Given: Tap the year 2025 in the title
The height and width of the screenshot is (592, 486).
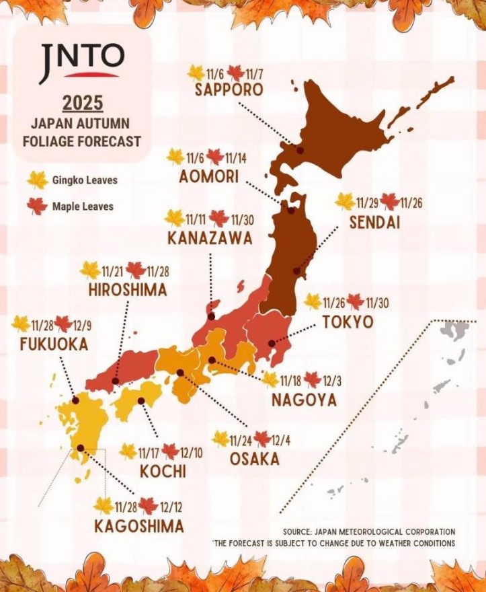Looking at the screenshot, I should pos(83,104).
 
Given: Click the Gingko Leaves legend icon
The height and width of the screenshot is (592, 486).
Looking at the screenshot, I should pos(38,180).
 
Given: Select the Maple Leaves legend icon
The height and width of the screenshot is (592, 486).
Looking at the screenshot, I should pos(38,206).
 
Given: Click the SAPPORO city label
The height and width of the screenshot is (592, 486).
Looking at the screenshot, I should pos(229,90).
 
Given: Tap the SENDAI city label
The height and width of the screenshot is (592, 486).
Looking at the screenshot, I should pos(374,222).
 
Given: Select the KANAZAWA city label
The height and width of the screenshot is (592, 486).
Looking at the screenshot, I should pos(210,238).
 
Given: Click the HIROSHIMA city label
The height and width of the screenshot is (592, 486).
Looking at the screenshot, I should pos(128,290).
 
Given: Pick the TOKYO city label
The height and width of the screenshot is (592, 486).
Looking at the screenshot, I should pos(348,322).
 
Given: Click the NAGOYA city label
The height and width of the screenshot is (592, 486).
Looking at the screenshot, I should pos(304,400).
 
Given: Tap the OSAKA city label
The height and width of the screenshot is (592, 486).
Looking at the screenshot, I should pos(254,459).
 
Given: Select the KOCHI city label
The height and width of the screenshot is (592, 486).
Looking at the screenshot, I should pos(163,471).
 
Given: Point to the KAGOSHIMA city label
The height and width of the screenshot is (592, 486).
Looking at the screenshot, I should pos(139,525).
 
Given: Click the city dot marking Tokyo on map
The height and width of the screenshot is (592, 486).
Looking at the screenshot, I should pos(271,342).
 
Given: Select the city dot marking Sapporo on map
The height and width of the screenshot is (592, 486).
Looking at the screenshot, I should pos(300,151).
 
